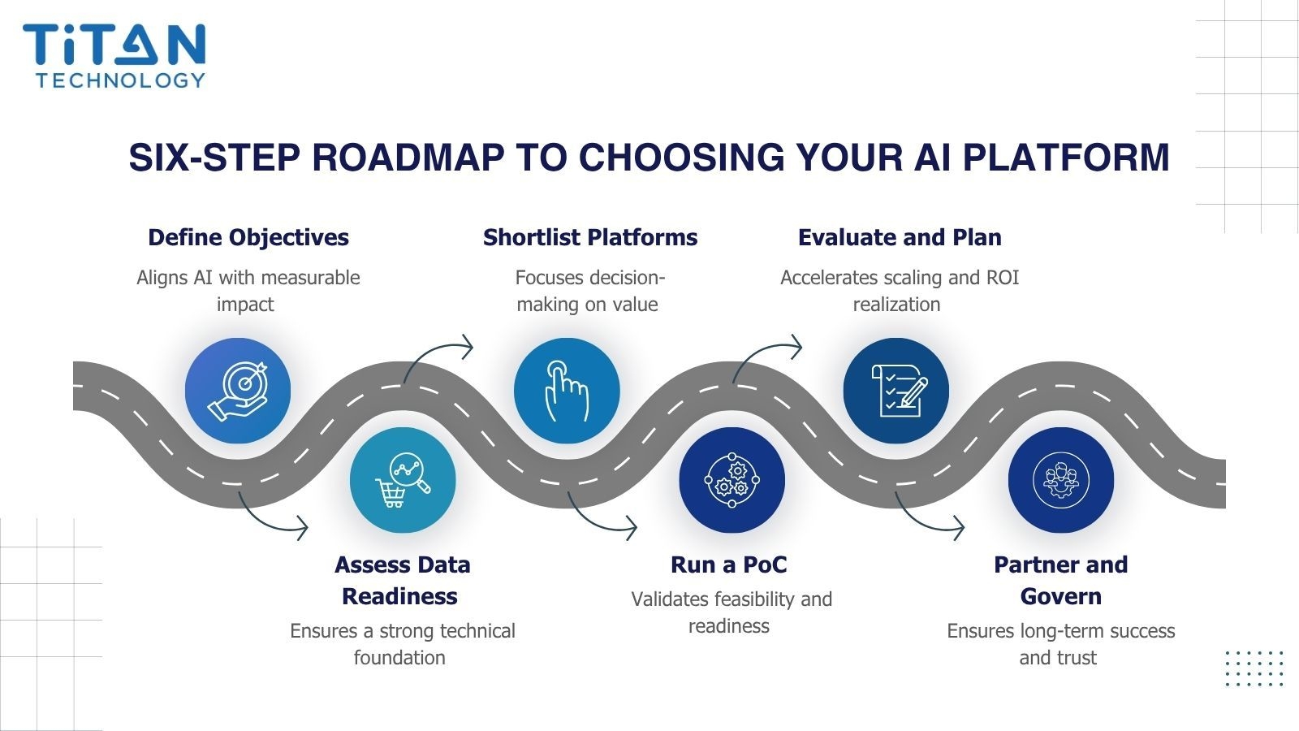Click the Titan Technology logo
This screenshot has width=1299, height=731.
pyautogui.click(x=114, y=55)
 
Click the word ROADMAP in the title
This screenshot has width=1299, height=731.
pyautogui.click(x=407, y=157)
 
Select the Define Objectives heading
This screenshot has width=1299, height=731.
pyautogui.click(x=248, y=237)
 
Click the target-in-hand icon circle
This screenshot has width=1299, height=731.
pyautogui.click(x=237, y=391)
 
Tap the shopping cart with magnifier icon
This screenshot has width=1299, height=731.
pyautogui.click(x=403, y=480)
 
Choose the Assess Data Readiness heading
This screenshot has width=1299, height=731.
pyautogui.click(x=402, y=580)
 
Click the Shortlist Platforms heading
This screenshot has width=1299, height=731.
pyautogui.click(x=589, y=237)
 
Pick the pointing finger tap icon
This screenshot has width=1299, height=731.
pyautogui.click(x=567, y=391)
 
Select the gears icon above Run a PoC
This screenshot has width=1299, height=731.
pyautogui.click(x=731, y=480)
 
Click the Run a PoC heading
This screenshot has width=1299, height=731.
pyautogui.click(x=728, y=564)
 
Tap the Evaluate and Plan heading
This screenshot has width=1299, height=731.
pyautogui.click(x=899, y=237)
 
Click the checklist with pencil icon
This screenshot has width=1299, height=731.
pyautogui.click(x=896, y=391)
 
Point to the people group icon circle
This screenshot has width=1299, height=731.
pyautogui.click(x=1060, y=480)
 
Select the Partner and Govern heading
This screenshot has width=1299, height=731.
pyautogui.click(x=1060, y=580)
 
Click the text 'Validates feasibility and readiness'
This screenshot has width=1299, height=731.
pyautogui.click(x=731, y=612)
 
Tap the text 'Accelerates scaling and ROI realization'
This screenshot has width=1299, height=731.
pyautogui.click(x=899, y=291)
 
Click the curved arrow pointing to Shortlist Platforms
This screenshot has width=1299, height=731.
pyautogui.click(x=438, y=358)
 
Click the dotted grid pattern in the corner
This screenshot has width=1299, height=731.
pyautogui.click(x=1254, y=668)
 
